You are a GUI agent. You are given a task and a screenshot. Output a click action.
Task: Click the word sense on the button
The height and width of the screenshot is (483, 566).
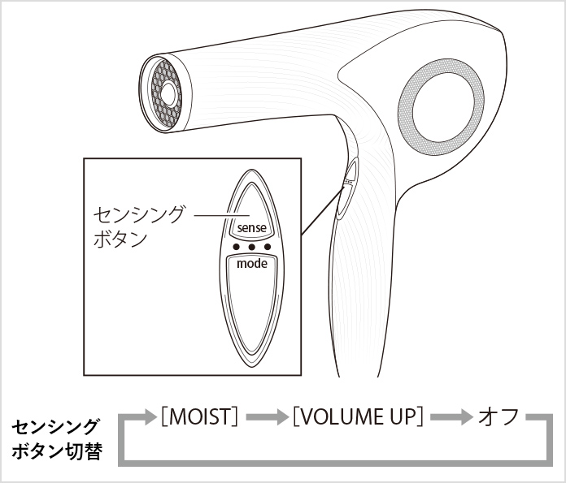(251, 228)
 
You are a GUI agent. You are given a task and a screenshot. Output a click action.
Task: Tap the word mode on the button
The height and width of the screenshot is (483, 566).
(252, 264)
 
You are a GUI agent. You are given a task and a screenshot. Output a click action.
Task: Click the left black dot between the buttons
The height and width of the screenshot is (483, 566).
(237, 247)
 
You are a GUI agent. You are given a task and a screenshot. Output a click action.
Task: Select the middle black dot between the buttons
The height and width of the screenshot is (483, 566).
(252, 247)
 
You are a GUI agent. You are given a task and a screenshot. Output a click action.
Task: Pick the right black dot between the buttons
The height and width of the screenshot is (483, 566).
(268, 247)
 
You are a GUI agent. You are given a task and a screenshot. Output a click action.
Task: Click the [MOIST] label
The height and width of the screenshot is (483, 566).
(199, 416)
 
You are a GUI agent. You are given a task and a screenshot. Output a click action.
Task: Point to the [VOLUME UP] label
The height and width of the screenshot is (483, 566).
(358, 416)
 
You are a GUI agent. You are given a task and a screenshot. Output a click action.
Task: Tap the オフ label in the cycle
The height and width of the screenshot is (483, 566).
(499, 416)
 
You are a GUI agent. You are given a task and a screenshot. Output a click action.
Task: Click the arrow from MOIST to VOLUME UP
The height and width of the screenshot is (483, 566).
(267, 417)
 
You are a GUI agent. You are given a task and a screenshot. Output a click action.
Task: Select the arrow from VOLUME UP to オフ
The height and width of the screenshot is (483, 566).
(451, 417)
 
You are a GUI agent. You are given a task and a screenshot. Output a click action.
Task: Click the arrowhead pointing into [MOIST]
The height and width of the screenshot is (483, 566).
(151, 417)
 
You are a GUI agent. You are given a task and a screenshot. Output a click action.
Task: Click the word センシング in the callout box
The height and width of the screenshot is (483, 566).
(138, 215)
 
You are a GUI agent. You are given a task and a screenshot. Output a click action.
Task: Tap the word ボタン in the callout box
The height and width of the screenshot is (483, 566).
(120, 239)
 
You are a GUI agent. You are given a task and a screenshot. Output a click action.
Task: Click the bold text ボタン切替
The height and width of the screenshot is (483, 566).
(57, 451)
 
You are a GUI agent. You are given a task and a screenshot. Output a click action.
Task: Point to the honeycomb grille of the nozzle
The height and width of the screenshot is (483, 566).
(166, 93)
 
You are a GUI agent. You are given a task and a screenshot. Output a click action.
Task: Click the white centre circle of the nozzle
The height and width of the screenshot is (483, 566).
(168, 94)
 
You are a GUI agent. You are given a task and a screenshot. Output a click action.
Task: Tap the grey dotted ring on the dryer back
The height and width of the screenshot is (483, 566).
(441, 107)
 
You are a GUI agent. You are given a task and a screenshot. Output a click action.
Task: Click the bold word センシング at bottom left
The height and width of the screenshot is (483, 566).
(54, 427)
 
